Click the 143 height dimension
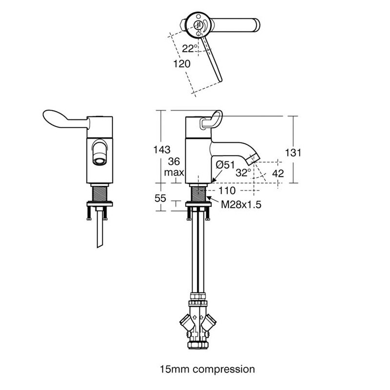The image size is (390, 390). [162, 150]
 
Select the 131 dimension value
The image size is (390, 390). [293, 153]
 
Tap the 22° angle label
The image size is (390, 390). [190, 48]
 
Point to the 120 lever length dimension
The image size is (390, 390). [182, 64]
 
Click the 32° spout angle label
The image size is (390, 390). [243, 173]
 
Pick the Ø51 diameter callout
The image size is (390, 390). [225, 165]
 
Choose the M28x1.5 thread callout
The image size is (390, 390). [241, 204]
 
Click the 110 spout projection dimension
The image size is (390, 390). [227, 191]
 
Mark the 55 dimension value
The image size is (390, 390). [160, 198]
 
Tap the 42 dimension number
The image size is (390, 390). [278, 174]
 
